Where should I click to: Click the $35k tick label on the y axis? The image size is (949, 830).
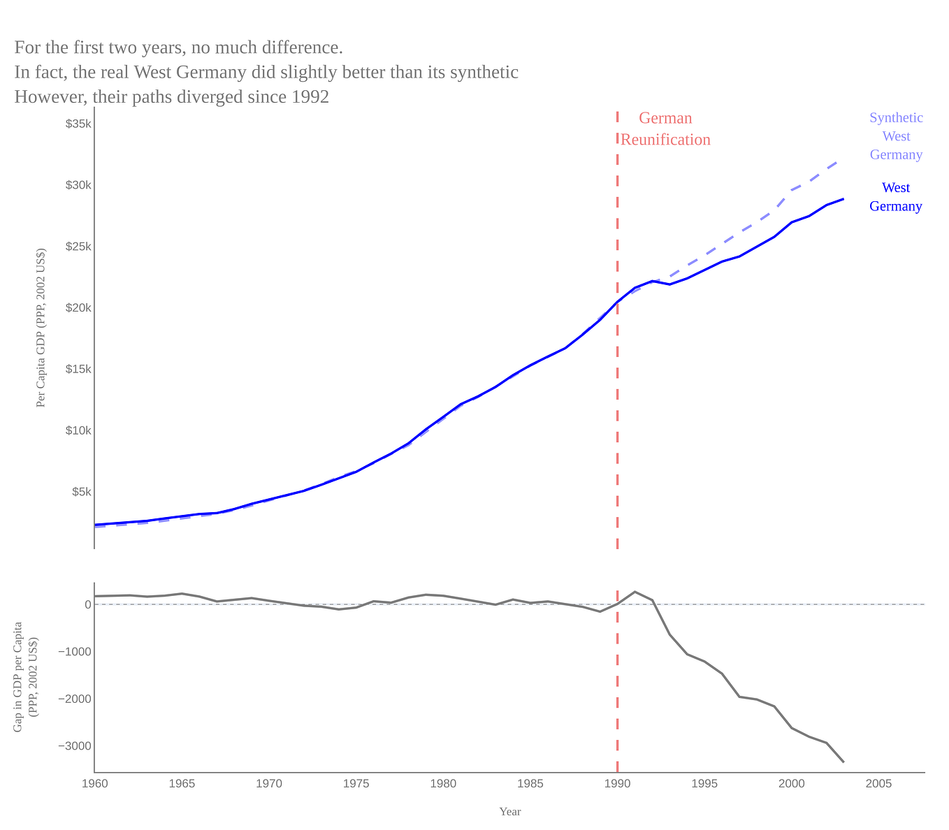tap(78, 124)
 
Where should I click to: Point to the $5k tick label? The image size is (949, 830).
tap(81, 492)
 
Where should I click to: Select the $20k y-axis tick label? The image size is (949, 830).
tap(78, 308)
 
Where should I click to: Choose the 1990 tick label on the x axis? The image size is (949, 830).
tap(617, 784)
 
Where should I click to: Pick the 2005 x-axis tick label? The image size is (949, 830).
tap(878, 784)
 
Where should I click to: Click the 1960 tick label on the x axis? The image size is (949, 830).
tap(95, 784)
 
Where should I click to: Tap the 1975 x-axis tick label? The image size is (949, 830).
tap(356, 784)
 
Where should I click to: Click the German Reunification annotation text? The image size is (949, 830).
tap(665, 129)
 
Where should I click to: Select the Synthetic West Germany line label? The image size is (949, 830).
tap(896, 136)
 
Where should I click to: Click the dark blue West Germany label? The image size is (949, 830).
tap(896, 197)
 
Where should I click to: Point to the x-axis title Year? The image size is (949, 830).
tap(509, 812)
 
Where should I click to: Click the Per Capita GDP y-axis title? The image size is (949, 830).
tap(41, 328)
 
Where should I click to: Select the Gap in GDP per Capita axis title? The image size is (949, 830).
tap(24, 677)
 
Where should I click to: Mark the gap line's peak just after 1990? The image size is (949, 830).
tap(635, 592)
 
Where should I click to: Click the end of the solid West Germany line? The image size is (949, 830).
tap(843, 199)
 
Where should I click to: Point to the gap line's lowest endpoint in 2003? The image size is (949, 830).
tap(843, 762)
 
